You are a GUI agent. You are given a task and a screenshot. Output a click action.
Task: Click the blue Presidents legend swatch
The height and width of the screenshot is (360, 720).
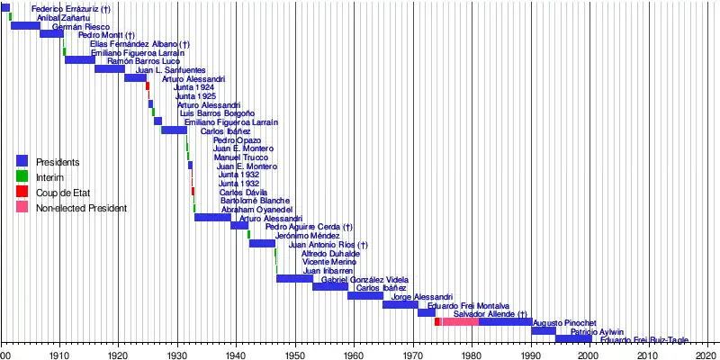pyautogui.click(x=22, y=161)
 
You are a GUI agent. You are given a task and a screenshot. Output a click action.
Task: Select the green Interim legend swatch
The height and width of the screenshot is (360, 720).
pyautogui.click(x=22, y=177)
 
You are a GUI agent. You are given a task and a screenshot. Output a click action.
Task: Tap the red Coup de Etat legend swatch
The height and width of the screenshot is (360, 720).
pyautogui.click(x=22, y=193)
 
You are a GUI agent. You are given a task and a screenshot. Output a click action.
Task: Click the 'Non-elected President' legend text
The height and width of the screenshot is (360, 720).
pyautogui.click(x=81, y=209)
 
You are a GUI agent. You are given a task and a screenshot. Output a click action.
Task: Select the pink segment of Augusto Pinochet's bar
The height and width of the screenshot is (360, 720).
pyautogui.click(x=459, y=322)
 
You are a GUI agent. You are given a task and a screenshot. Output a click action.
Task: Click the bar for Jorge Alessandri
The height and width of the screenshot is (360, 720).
pyautogui.click(x=400, y=304)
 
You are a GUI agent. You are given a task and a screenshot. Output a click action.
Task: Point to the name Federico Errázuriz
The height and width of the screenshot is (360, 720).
pyautogui.click(x=70, y=9)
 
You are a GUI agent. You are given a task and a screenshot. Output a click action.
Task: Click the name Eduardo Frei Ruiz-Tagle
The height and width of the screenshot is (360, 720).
pyautogui.click(x=644, y=340)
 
